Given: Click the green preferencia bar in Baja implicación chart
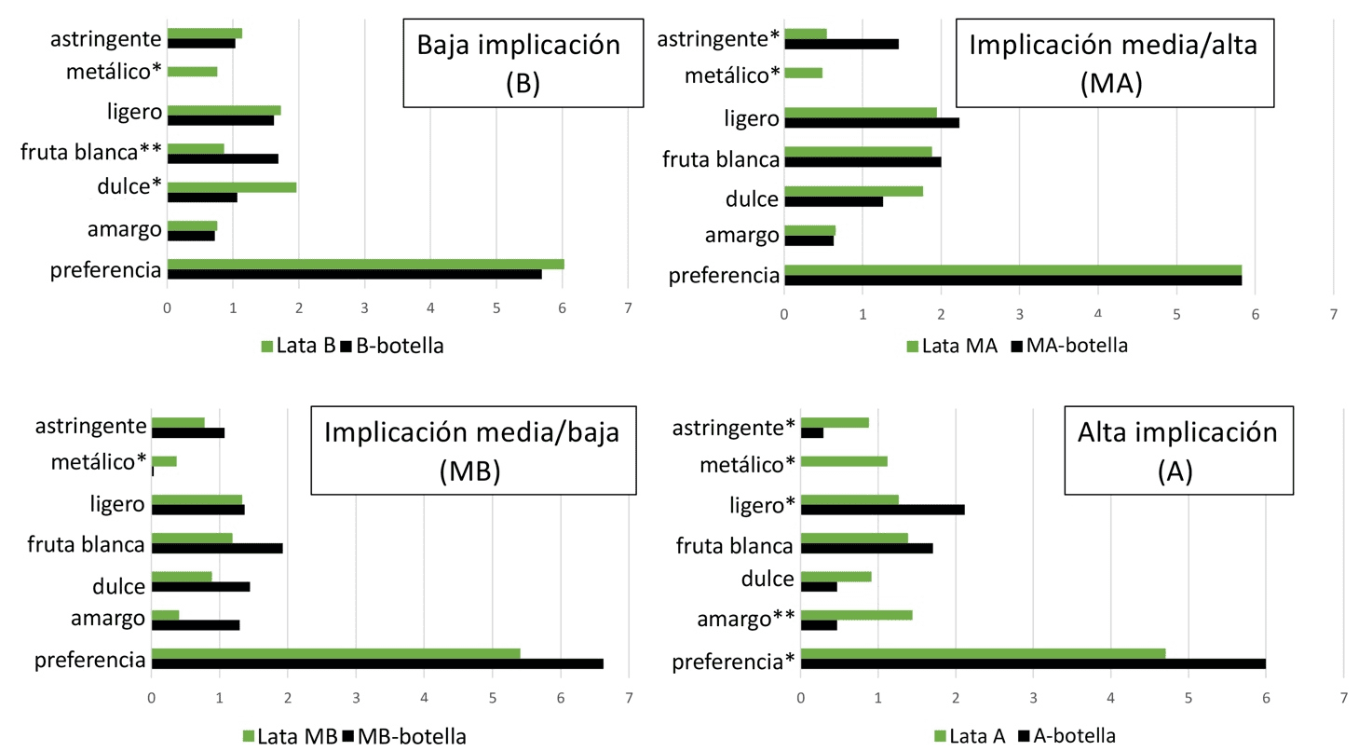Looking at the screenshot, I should [365, 264].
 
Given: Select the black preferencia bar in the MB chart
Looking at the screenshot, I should [377, 663].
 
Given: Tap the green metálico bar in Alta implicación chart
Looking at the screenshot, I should [844, 460].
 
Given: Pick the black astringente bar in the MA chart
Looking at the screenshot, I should [841, 44].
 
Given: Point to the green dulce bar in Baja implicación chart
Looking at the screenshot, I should [232, 186].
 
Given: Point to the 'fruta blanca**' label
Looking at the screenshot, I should [91, 153].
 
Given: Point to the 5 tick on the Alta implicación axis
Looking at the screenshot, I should [1189, 696].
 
